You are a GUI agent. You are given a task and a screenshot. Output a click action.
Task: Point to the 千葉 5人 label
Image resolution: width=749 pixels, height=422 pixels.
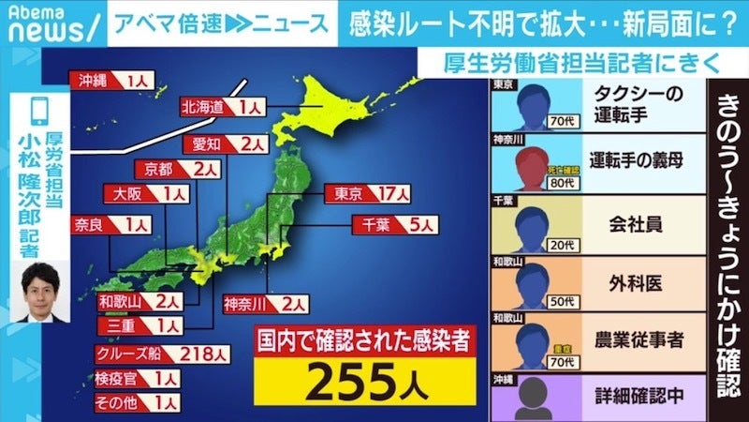point(393,225)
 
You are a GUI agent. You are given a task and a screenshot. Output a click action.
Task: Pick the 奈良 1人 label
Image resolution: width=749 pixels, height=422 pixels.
point(110,225)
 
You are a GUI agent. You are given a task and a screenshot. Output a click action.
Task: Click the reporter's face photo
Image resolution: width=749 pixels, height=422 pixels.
point(40,291)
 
